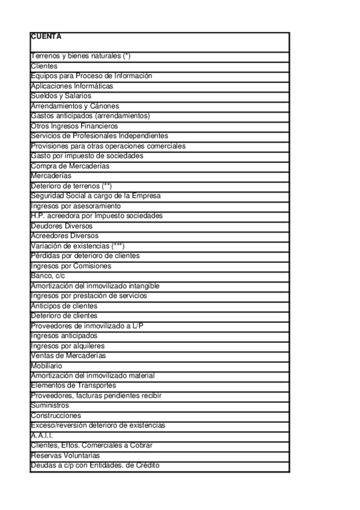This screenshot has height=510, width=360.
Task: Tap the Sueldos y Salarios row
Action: pos(61,96)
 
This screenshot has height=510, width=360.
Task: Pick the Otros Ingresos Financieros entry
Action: pos(74,126)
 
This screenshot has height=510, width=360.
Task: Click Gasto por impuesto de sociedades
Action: pos(87,156)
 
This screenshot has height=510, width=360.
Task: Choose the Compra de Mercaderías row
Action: pos(70,166)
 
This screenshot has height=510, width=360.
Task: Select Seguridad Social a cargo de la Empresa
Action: pos(96,196)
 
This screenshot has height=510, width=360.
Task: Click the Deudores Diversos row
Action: pos(62,226)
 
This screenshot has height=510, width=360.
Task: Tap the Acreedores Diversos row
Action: pos(64,236)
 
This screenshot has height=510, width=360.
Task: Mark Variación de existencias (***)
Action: pos(78,246)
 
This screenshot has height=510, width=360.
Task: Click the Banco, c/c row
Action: pos(47,275)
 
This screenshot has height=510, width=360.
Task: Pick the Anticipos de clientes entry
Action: pos(64,306)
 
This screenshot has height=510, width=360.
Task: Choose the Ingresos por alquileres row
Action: pos(67,346)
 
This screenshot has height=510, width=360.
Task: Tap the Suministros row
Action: pos(50,405)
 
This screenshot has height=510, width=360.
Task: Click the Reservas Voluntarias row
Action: pos(65,455)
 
